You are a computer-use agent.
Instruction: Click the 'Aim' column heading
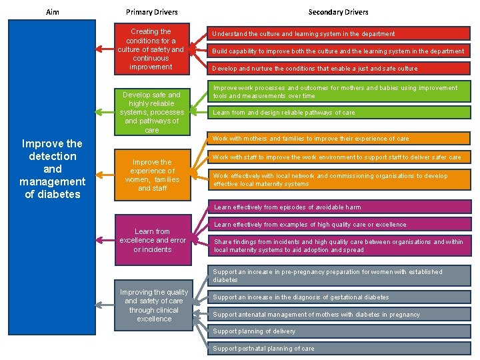(x=53, y=12)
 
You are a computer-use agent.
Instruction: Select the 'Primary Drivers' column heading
(x=152, y=12)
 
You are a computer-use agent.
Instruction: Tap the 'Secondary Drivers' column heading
(x=338, y=12)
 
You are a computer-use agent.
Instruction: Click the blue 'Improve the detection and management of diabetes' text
(x=52, y=169)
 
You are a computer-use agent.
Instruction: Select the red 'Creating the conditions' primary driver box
(x=151, y=49)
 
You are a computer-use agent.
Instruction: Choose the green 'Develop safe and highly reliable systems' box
(x=151, y=112)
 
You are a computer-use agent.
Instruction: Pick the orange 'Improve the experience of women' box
(x=151, y=175)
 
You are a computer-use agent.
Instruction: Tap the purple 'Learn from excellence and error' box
(x=152, y=240)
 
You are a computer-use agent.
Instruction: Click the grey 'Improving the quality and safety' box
(x=154, y=305)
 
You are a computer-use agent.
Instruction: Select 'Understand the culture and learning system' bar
(x=339, y=33)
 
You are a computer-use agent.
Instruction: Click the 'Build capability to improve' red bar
(x=339, y=51)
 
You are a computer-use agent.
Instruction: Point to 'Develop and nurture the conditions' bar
(x=339, y=68)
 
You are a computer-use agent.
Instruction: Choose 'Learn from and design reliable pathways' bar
(x=339, y=113)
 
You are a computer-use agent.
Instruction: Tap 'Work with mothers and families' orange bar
(x=339, y=139)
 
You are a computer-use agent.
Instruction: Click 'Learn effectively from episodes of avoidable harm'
(x=339, y=207)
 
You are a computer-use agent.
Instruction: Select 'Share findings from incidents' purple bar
(x=339, y=246)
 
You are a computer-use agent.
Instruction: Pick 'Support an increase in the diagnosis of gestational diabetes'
(x=339, y=297)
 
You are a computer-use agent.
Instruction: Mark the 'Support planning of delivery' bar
(x=339, y=331)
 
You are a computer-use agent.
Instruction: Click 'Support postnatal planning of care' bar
(x=339, y=349)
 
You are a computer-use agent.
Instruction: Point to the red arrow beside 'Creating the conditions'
(x=104, y=49)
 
